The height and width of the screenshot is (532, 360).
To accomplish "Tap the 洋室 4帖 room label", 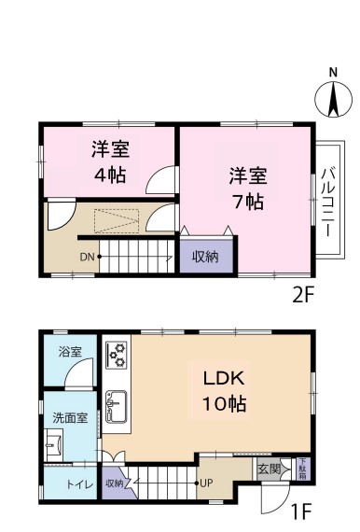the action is tap(110, 162).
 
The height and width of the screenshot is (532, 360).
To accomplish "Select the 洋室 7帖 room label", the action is tap(248, 189).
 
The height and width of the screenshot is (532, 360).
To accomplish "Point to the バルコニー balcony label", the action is tap(327, 202).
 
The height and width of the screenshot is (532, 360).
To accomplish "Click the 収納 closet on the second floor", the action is tap(206, 256).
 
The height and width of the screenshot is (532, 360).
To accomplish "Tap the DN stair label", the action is tap(87, 258).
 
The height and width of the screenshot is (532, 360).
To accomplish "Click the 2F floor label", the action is tap(303, 295).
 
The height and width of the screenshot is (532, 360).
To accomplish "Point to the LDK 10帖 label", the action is tap(224, 391).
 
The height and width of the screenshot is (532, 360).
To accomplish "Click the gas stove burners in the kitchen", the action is tap(117, 356).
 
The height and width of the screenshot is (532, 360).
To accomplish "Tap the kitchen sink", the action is tap(117, 406).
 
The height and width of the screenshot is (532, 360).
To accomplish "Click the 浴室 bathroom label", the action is tap(70, 352).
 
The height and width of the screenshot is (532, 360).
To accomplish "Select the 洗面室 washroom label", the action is tap(70, 417).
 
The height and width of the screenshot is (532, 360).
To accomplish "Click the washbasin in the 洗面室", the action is tap(53, 445).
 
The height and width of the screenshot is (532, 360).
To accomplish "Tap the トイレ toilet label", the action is tap(79, 484).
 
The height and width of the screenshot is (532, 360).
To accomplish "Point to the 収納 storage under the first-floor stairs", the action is tap(116, 483).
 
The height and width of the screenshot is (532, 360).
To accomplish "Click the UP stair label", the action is tap(206, 483).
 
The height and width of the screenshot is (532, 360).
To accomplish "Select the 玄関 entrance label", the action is tap(269, 469).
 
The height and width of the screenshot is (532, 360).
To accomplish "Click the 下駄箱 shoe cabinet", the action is tap(303, 469).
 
